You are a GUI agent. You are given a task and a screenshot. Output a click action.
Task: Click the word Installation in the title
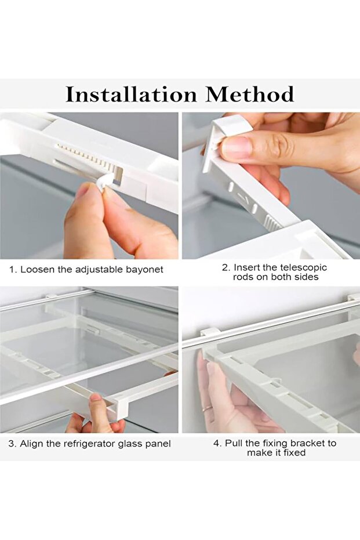pyautogui.click(x=131, y=94)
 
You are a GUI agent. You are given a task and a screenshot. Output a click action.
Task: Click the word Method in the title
pyautogui.click(x=250, y=94)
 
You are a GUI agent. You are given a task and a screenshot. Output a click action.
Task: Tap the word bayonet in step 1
pyautogui.click(x=144, y=269)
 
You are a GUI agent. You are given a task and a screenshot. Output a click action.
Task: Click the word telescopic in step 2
pyautogui.click(x=303, y=267)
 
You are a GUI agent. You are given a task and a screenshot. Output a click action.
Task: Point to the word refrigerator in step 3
pyautogui.click(x=87, y=444)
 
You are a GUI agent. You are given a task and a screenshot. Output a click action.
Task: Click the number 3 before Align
pyautogui.click(x=12, y=444)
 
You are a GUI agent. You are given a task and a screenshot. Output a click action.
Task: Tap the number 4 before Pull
pyautogui.click(x=216, y=443)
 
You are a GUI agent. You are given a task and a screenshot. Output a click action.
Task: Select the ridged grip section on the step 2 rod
pyautogui.click(x=272, y=224)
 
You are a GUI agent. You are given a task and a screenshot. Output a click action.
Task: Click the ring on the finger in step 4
pyautogui.click(x=207, y=408)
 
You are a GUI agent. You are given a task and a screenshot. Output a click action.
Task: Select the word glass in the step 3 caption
pyautogui.click(x=131, y=444)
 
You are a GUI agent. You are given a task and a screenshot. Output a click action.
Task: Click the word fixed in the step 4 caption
pyautogui.click(x=293, y=452)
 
